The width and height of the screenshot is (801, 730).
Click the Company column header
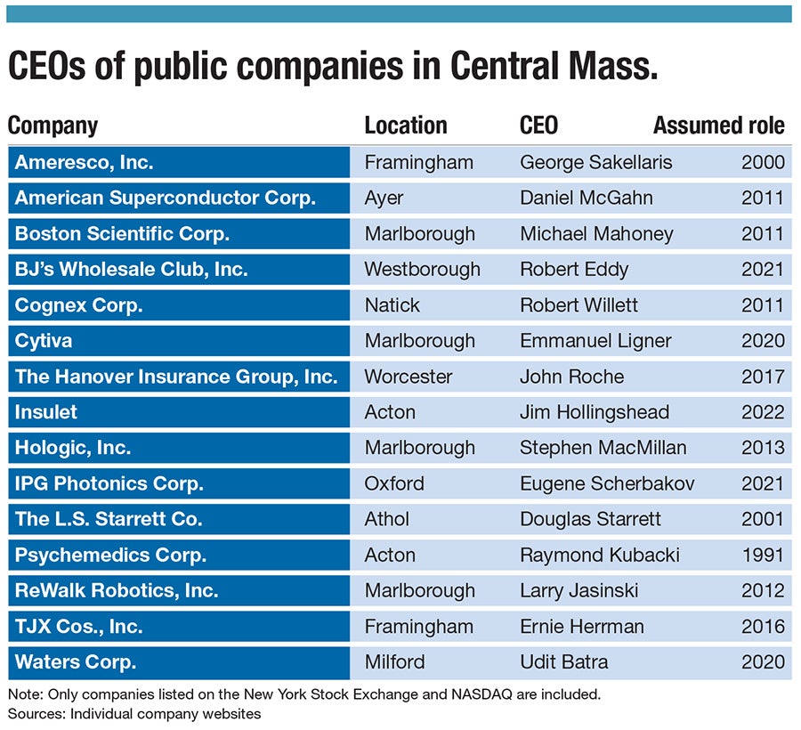click(x=53, y=126)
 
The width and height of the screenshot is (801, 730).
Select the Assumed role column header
click(x=718, y=126)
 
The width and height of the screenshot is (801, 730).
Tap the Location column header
click(x=405, y=126)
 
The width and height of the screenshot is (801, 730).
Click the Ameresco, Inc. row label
click(x=85, y=162)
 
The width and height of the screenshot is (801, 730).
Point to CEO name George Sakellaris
click(x=595, y=162)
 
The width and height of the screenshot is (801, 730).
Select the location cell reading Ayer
click(x=384, y=198)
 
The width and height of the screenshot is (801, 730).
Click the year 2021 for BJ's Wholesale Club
click(x=763, y=269)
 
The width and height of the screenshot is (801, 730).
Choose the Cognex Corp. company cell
click(x=79, y=304)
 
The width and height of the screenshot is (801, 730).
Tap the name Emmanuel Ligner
click(x=595, y=340)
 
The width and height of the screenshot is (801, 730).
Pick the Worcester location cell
click(x=409, y=377)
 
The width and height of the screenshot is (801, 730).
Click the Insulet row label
click(x=46, y=412)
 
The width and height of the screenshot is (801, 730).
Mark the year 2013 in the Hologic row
click(x=763, y=448)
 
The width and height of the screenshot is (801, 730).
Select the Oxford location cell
click(x=394, y=483)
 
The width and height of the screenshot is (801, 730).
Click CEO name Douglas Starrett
click(x=590, y=519)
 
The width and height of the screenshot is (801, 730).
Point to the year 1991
click(x=763, y=555)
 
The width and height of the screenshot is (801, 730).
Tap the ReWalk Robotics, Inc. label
click(x=117, y=590)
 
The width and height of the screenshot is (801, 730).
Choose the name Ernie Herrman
click(x=581, y=626)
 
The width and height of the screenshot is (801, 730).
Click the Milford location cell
click(x=394, y=661)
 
